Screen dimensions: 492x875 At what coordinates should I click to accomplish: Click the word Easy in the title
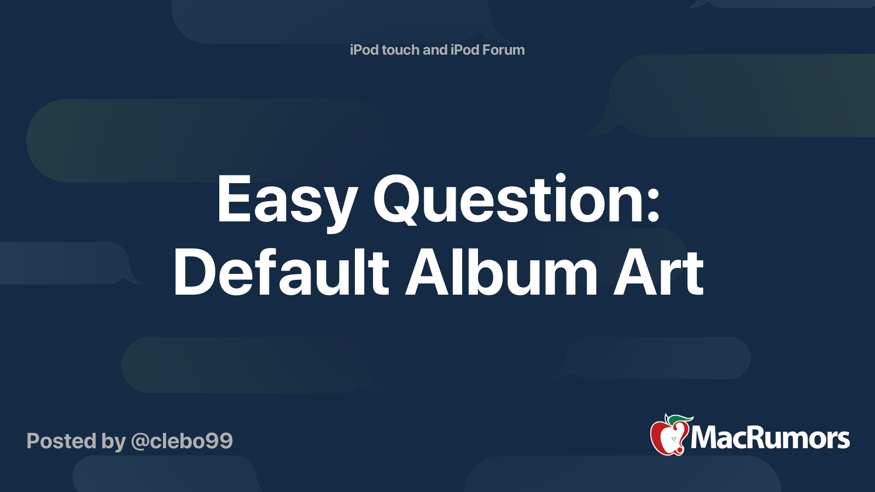click(287, 201)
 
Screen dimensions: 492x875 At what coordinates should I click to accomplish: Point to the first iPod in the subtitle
click(364, 50)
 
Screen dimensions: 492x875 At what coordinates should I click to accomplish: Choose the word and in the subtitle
click(435, 50)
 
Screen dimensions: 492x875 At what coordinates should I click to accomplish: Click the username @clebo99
click(182, 441)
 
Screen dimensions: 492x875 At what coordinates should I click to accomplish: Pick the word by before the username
click(113, 442)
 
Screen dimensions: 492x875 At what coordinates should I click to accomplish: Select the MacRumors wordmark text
click(770, 438)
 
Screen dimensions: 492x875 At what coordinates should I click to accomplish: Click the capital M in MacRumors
click(703, 438)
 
